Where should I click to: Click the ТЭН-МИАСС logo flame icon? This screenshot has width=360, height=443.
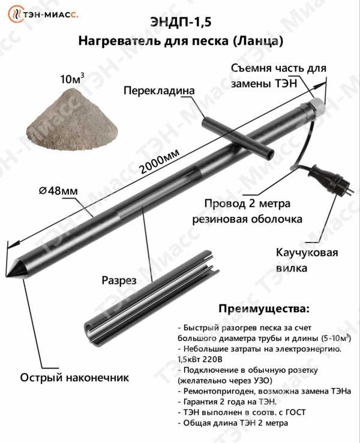point(15,14)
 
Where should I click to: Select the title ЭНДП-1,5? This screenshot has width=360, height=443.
point(181,23)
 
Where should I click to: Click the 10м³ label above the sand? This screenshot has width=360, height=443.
point(72,79)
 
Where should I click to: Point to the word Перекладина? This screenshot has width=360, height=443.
point(159,91)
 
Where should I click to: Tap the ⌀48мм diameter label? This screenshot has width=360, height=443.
point(58,191)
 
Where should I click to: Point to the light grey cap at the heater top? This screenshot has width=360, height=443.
point(317,105)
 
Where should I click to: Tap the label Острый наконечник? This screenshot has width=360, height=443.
point(74,378)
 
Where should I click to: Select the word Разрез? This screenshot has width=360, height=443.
point(119,280)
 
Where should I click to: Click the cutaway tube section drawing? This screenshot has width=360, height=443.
point(152,299)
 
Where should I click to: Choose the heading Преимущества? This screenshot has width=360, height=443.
point(264,309)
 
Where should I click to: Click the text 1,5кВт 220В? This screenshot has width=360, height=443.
point(200,360)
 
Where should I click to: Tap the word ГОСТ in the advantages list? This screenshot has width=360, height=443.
point(296,412)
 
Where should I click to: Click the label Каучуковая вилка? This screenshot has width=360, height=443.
point(307,260)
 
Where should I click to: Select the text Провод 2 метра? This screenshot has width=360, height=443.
point(247,203)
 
